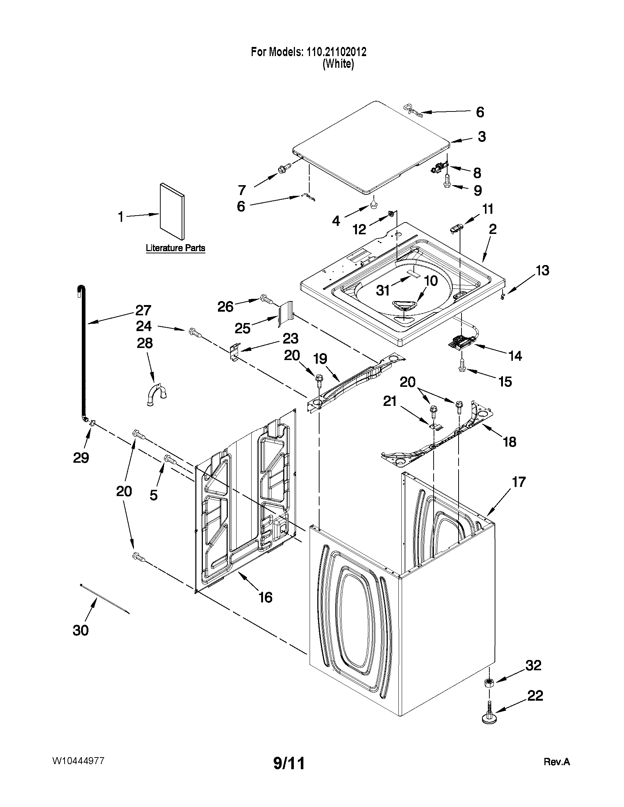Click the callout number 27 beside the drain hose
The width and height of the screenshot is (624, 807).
(143, 310)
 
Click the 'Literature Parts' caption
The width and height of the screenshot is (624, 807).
(175, 248)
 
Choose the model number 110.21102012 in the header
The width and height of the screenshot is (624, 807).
(336, 52)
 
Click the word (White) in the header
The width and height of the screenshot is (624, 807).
(338, 64)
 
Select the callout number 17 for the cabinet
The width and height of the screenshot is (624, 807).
(518, 482)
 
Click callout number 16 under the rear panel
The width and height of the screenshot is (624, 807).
(266, 597)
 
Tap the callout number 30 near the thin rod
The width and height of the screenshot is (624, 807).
(81, 630)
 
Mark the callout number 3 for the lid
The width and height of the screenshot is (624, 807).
(481, 136)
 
